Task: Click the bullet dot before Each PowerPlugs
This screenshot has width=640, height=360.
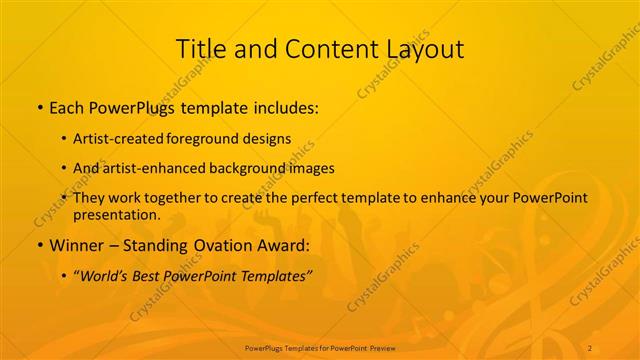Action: (39, 107)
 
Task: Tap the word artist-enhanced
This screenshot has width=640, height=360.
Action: (153, 168)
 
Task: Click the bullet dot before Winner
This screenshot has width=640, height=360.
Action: (39, 245)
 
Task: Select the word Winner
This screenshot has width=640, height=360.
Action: (77, 245)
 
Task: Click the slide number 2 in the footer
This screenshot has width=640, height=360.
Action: (590, 347)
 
